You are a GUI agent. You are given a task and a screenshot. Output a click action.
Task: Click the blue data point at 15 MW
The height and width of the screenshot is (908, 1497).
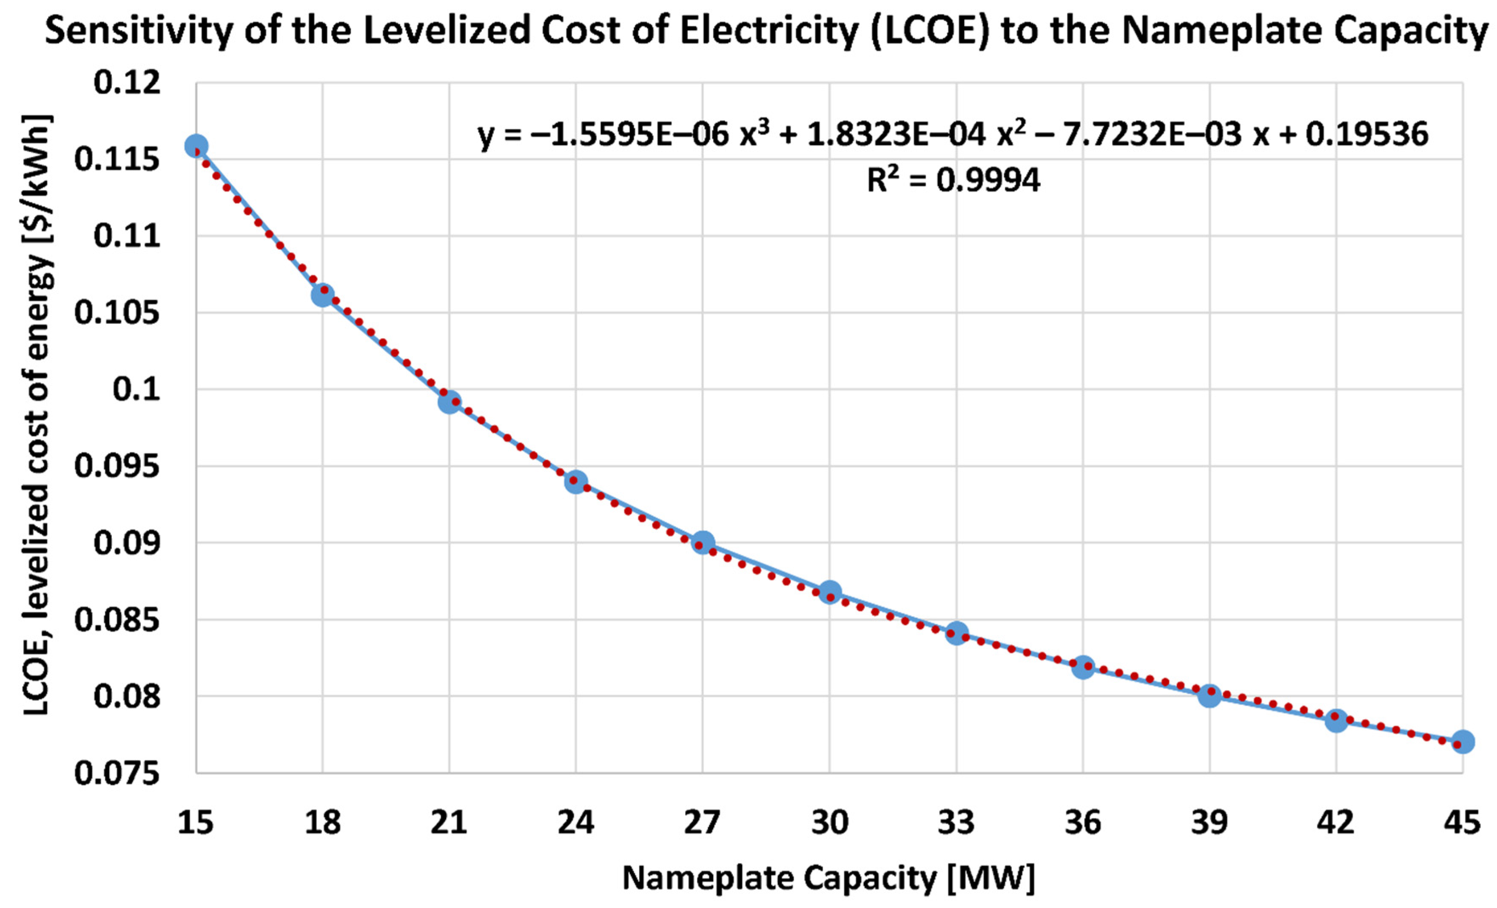click(196, 146)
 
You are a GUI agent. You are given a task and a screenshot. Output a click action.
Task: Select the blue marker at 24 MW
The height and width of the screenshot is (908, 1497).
click(576, 482)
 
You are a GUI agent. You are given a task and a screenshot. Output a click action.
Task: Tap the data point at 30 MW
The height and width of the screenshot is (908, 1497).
click(830, 592)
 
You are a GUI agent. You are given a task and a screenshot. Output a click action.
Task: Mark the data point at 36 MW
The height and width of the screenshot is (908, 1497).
click(1083, 667)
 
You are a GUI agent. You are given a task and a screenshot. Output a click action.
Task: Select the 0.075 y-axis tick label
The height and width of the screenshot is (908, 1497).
click(118, 773)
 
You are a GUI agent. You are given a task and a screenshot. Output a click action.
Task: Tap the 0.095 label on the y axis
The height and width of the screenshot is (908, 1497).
click(118, 466)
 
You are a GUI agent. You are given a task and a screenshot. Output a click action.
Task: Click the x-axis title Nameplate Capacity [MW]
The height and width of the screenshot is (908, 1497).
click(829, 878)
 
